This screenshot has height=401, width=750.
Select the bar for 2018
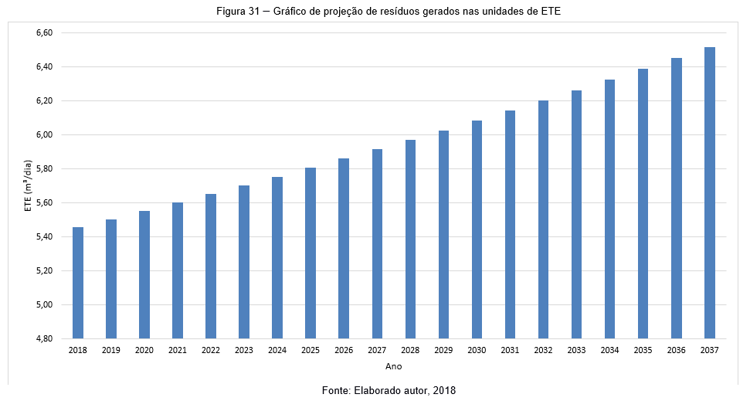click(78, 283)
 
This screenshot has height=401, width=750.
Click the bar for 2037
click(710, 193)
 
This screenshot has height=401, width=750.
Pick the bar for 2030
click(477, 229)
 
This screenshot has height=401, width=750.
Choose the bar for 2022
click(211, 266)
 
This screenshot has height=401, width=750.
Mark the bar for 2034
click(609, 209)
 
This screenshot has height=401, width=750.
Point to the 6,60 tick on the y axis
click(43, 33)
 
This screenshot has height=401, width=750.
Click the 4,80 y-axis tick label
click(43, 338)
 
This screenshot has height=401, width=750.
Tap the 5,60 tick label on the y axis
click(43, 202)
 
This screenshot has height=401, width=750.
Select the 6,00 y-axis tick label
click(43, 135)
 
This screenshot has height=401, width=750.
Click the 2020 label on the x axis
click(144, 351)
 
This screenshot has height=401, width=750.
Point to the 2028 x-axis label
click(410, 351)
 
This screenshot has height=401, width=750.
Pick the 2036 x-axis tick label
click(676, 351)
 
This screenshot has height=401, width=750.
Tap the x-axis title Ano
click(394, 365)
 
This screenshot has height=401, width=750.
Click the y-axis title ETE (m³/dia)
click(28, 185)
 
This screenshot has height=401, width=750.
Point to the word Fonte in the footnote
click(337, 391)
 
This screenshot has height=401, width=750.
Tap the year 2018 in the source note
click(444, 391)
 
